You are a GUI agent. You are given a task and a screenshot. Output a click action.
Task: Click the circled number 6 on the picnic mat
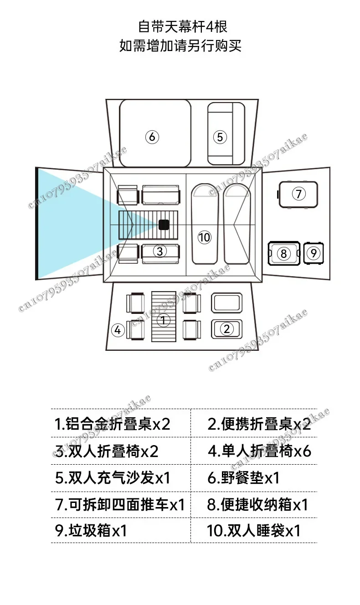(152, 137)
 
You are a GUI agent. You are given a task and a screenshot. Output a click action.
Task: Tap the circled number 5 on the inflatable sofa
(220, 137)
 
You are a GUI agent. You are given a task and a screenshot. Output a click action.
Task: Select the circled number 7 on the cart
(298, 194)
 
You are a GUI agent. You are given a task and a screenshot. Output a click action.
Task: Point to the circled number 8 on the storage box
(283, 253)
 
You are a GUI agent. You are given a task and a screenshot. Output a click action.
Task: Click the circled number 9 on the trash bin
(313, 253)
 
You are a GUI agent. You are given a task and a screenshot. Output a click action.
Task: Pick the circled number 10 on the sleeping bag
(205, 237)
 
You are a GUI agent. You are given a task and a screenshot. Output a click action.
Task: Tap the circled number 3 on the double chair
(159, 251)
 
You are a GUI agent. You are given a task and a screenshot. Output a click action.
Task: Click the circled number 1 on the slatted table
(164, 320)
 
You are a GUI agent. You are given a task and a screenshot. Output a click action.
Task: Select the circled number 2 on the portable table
(226, 328)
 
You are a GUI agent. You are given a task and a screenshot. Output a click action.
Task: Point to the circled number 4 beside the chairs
(118, 330)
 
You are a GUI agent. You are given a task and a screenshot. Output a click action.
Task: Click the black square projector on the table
(164, 225)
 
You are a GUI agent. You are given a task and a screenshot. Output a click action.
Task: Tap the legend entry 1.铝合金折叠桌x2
(112, 424)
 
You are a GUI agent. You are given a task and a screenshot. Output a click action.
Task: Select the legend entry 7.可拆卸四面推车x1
(120, 504)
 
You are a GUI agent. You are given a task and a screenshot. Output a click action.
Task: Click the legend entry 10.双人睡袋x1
(254, 531)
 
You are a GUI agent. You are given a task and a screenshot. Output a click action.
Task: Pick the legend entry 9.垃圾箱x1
(91, 531)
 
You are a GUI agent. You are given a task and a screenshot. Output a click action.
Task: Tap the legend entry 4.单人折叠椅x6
(259, 451)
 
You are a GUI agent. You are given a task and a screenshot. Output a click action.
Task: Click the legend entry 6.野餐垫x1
(243, 478)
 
